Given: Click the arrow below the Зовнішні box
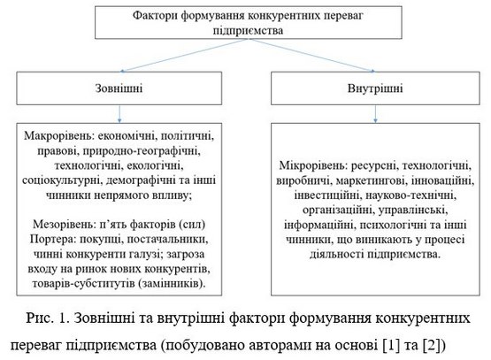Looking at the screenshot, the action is pos(119,114).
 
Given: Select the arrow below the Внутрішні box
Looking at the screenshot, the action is pos(375,114).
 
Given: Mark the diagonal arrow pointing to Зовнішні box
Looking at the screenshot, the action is pos(184,55).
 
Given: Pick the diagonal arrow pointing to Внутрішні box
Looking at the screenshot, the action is pos(312,55).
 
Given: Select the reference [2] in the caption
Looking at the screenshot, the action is pos(433,345).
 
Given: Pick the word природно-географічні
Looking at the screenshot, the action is pos(142,151).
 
